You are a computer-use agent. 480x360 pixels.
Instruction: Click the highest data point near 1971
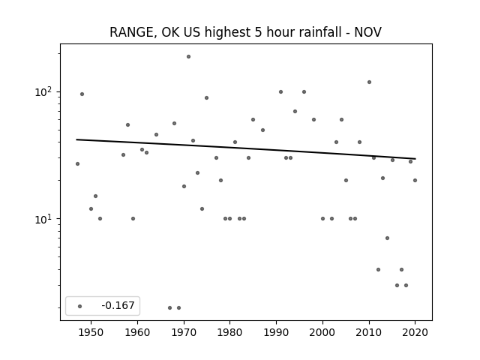pos(188,57)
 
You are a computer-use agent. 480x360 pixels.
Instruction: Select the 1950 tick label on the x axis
pos(91,332)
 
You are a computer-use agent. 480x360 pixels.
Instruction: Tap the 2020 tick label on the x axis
pos(415,332)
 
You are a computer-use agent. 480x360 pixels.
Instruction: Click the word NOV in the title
pos(368,32)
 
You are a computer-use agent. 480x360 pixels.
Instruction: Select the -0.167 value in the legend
pos(118,305)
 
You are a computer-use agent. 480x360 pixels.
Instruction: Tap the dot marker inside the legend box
pos(80,306)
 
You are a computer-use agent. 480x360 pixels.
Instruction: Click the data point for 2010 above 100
pos(369,82)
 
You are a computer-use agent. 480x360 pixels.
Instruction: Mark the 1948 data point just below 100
pos(82,94)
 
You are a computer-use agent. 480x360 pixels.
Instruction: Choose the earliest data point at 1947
pos(77,163)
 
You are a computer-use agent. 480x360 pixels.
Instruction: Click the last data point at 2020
pos(415,180)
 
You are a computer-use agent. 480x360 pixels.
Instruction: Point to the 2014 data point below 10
pos(387,238)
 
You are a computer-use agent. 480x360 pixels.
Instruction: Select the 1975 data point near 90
pos(207,98)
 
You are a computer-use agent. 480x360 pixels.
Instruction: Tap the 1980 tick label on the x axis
pos(230,332)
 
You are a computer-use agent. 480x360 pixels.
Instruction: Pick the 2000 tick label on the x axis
pos(322,332)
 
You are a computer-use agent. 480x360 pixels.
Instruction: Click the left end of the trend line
pos(76,139)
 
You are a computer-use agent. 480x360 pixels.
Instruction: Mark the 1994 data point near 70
pos(295,111)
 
